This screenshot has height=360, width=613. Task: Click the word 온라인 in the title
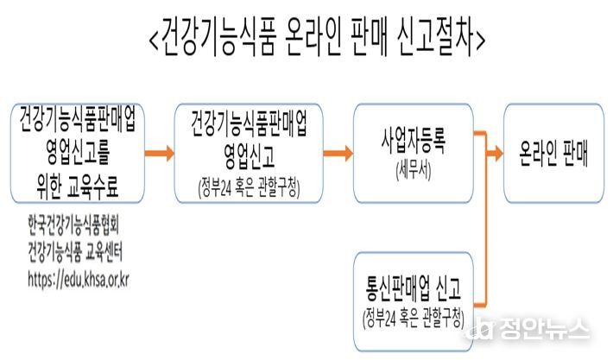click(x=312, y=38)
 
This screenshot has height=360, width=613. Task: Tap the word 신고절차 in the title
click(x=435, y=38)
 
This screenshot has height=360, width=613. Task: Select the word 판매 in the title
click(x=369, y=38)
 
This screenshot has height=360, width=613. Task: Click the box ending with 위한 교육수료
click(x=78, y=153)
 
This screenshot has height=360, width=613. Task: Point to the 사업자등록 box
click(x=414, y=153)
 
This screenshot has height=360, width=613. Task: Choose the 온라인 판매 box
click(x=553, y=153)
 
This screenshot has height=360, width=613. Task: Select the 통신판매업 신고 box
click(x=414, y=301)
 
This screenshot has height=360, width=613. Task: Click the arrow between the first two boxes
click(x=160, y=153)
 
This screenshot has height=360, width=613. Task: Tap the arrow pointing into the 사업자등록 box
click(x=338, y=153)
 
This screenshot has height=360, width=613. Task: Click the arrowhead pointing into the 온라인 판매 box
click(x=497, y=153)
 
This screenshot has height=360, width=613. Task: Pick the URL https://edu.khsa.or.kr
click(x=79, y=280)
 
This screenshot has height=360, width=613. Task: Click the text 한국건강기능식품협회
click(x=73, y=226)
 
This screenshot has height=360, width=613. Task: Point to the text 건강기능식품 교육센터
click(x=75, y=252)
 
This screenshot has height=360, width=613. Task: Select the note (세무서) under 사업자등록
click(x=414, y=171)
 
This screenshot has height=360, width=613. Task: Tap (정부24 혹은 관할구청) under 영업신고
click(x=249, y=189)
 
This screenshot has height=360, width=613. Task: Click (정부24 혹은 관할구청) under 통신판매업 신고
click(x=414, y=319)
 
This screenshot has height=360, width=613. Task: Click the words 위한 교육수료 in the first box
click(x=77, y=186)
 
